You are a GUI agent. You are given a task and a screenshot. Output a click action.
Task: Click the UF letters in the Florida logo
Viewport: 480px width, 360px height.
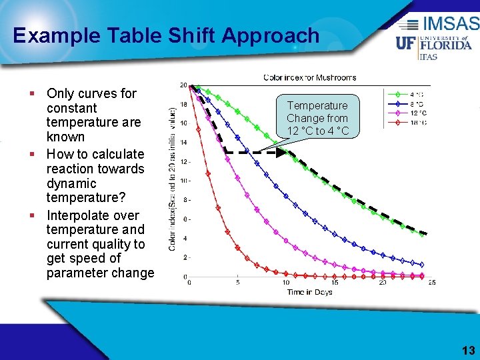point(407,43)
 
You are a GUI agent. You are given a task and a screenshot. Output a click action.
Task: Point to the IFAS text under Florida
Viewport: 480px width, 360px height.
point(427,57)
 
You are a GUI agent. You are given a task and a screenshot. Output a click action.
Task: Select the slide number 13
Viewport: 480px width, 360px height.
point(468,351)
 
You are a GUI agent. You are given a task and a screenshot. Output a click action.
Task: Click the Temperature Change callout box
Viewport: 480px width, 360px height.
point(317,118)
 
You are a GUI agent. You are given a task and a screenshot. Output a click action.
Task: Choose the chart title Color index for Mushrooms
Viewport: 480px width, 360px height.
point(310,78)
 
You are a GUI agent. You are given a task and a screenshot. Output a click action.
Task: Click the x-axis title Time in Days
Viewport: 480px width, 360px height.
point(310,292)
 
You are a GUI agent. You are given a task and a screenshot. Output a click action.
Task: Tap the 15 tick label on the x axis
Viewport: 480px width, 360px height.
point(335,283)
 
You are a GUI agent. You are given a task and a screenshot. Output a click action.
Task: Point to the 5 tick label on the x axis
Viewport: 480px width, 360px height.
point(238,283)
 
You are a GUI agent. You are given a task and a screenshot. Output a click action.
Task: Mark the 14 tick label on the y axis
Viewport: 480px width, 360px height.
point(183,143)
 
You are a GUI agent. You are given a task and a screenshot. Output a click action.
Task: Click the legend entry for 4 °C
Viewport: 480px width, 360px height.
point(406,94)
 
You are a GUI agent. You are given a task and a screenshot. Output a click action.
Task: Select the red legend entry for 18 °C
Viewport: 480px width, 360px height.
point(406,123)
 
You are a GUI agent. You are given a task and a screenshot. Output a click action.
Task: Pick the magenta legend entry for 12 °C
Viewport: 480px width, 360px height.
point(406,113)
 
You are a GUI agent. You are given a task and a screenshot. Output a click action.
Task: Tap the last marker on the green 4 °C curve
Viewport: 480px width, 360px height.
point(421,233)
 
